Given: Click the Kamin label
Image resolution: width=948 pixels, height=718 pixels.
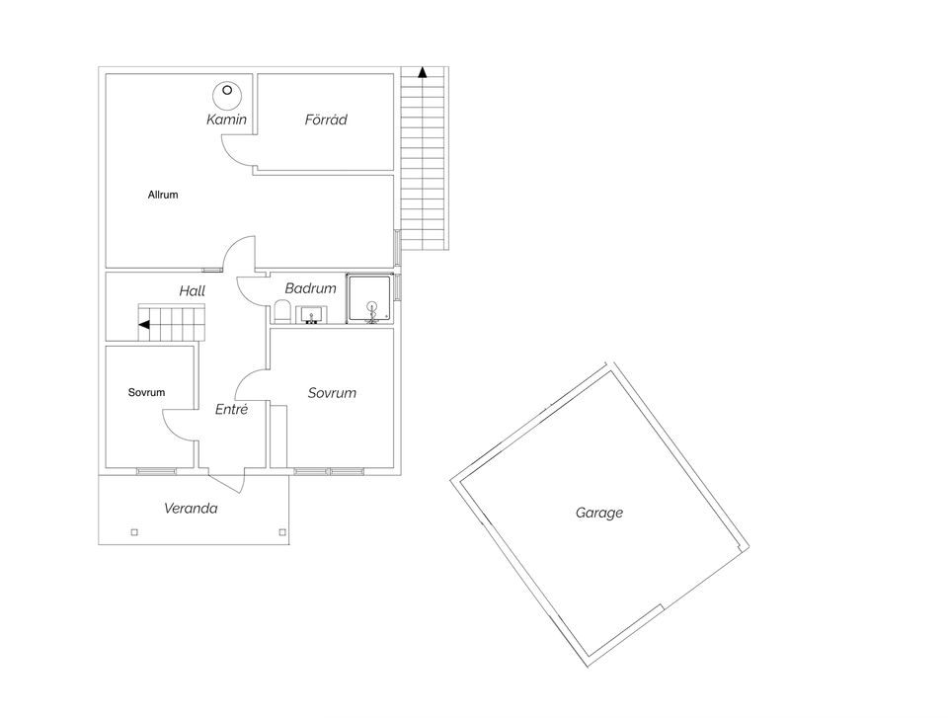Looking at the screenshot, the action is point(227,120).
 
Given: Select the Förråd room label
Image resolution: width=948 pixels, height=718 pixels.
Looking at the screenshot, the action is point(326,120).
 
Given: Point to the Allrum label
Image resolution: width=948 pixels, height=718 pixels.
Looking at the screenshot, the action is point(163,195).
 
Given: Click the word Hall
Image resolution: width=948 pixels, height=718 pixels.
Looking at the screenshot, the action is point(193,291).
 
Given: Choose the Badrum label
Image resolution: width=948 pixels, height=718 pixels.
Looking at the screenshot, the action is point(311,288).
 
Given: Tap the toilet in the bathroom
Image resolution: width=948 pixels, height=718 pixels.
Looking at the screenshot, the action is point(281,311).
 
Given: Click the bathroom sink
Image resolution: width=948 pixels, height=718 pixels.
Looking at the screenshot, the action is point(312,315).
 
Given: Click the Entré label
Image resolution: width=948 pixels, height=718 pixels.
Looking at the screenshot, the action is point(231,410).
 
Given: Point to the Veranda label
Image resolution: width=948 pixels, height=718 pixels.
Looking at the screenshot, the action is point(191,508).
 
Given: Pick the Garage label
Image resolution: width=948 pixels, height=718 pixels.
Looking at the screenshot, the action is point(599,513).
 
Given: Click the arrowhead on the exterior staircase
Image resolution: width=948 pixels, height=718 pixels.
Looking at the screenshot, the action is point(423,72).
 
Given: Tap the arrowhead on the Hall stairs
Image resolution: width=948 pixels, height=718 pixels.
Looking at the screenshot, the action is point(144,325).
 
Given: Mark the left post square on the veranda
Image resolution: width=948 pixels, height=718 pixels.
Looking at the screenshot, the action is point(134,532).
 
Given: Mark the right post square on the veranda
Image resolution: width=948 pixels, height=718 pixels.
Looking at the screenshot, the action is point(282,532).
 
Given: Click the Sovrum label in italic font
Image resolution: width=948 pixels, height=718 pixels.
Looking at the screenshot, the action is point(332,393).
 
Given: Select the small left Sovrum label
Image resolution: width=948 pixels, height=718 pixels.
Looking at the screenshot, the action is point(146,392).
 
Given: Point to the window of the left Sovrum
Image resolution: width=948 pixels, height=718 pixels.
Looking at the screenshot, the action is point(157,471).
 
